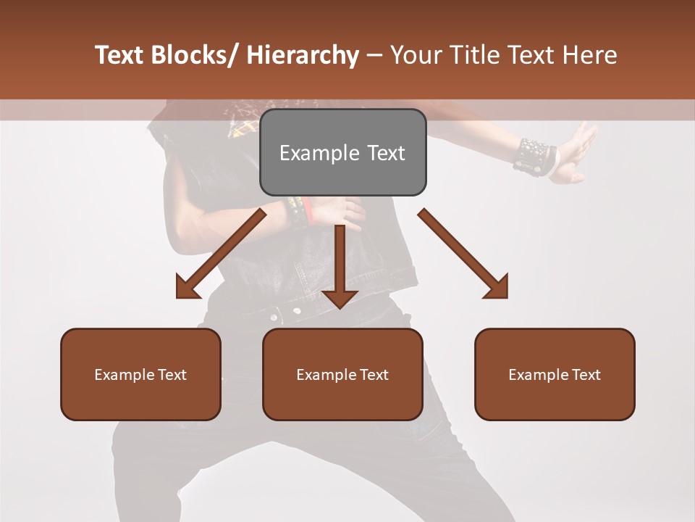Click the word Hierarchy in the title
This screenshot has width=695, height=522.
[303, 56]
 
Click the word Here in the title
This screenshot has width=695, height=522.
[590, 56]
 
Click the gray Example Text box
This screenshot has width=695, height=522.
[342, 152]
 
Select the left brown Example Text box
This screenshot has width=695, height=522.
[140, 374]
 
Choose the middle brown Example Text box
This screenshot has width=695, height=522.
[342, 374]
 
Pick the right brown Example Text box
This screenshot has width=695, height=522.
[555, 374]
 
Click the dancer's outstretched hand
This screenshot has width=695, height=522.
[579, 152]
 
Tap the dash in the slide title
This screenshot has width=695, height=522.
[374, 56]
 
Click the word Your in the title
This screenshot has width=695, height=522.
[415, 56]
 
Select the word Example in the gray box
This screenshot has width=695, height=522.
[319, 153]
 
